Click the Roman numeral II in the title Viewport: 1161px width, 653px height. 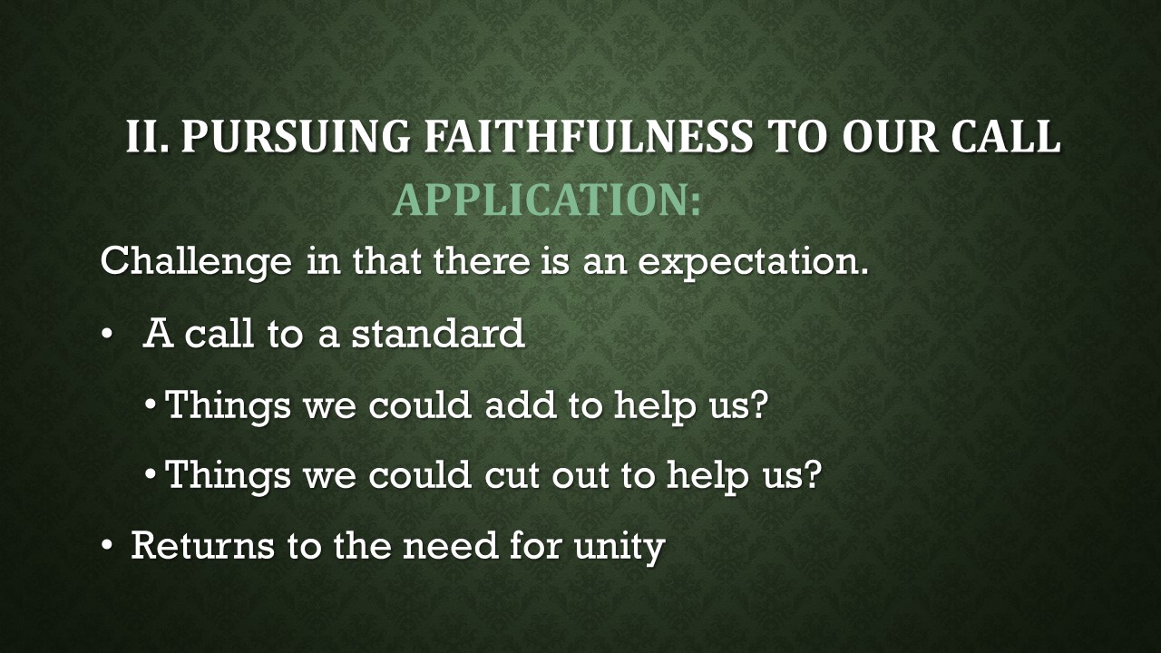[145, 136]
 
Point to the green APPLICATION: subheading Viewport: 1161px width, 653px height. [547, 200]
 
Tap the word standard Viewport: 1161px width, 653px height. [438, 334]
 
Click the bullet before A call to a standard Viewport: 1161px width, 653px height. [108, 336]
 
